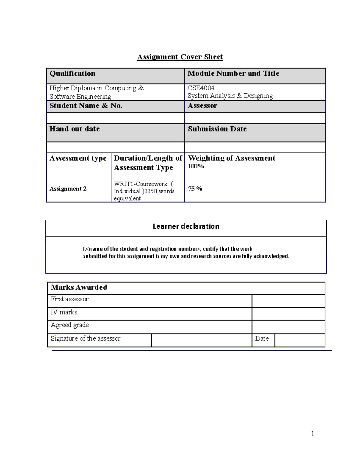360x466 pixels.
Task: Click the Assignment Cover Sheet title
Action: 180,57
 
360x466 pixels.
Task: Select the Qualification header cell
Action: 72,74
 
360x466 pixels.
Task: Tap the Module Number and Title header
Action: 233,74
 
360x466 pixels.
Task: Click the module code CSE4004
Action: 201,88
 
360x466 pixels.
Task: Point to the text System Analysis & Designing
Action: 230,96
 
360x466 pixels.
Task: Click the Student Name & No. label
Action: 86,106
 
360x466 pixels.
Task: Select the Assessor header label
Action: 202,106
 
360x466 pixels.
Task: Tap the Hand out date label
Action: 74,129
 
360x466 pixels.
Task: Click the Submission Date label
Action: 217,129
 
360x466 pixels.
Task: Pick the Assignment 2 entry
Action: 68,189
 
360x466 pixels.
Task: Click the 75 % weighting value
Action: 195,189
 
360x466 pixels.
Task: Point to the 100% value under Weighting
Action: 196,166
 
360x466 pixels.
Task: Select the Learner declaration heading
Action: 186,226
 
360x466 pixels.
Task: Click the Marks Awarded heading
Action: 79,287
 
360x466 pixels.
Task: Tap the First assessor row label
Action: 69,299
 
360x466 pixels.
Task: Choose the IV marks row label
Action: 64,312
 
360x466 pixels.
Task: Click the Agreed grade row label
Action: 70,325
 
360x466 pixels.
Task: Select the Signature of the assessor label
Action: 85,338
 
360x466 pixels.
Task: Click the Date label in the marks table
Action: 262,338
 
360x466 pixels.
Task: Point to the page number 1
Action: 313,433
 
